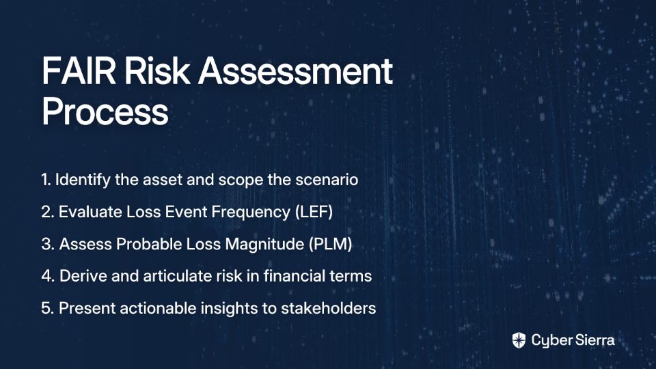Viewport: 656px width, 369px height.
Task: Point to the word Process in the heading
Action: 105,111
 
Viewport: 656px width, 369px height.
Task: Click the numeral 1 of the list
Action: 45,180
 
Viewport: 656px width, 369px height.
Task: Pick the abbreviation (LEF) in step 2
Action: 314,212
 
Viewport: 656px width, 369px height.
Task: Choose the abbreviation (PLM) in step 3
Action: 331,244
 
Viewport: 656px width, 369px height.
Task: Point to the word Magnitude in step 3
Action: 264,245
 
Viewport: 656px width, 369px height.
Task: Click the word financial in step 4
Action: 295,275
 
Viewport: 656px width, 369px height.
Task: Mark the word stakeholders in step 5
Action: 329,308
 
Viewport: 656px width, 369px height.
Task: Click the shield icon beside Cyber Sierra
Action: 519,340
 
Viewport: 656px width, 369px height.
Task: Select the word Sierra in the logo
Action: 594,340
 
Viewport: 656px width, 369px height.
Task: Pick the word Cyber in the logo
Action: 551,340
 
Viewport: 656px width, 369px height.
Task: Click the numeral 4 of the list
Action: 48,276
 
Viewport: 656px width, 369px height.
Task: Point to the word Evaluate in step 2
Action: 90,212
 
